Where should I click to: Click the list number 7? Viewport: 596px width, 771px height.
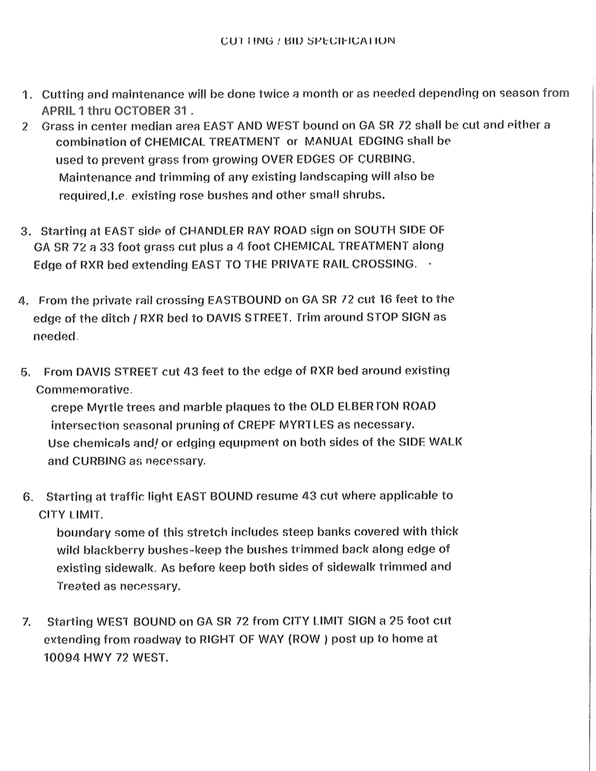(x=26, y=622)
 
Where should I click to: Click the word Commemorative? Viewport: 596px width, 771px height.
(x=84, y=390)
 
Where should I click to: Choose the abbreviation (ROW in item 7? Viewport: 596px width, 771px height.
(x=304, y=639)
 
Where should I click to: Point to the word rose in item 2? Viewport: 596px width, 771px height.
(x=191, y=195)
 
